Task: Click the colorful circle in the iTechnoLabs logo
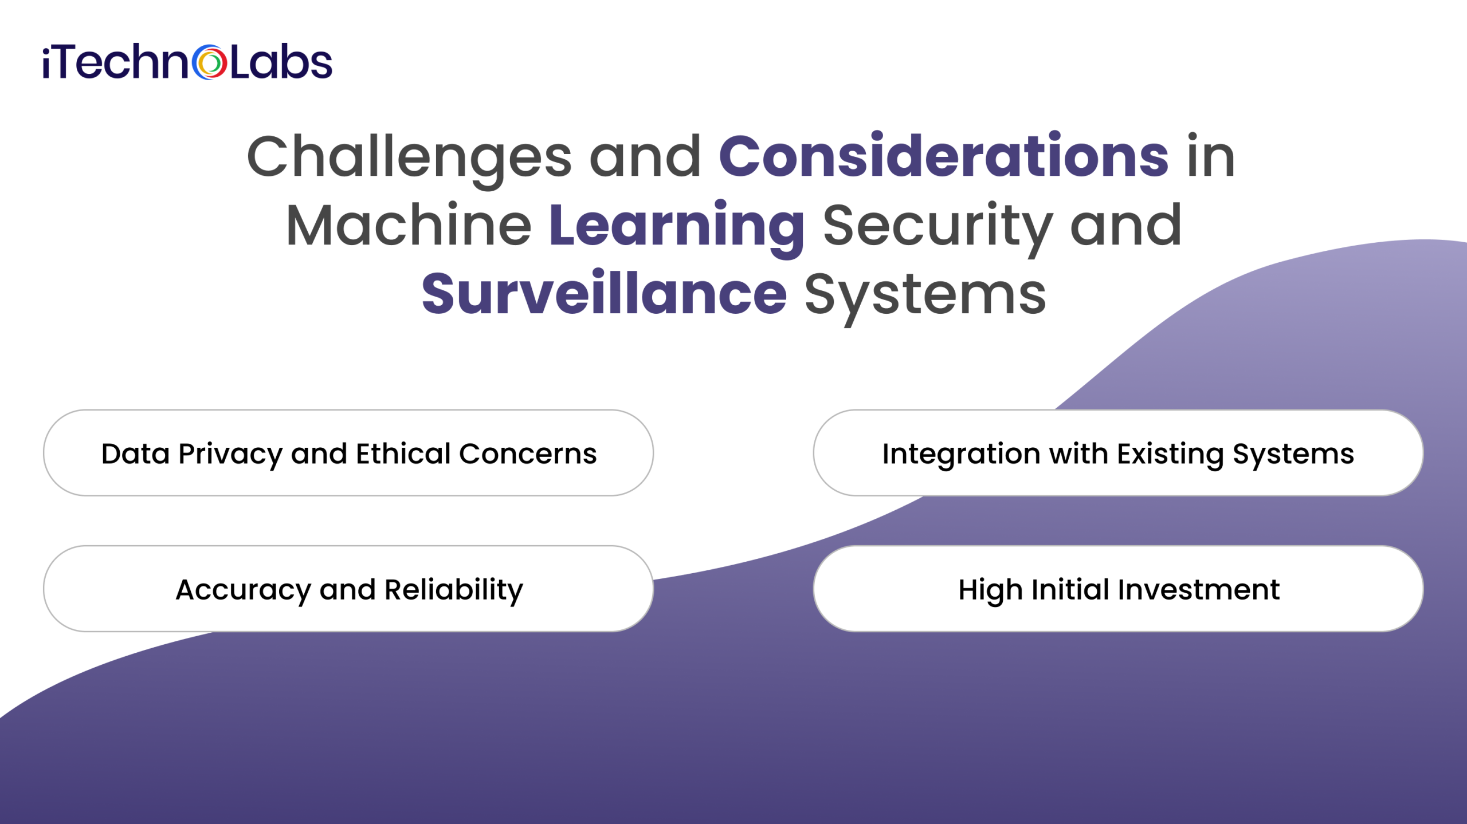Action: [x=209, y=62]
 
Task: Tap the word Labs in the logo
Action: [x=281, y=62]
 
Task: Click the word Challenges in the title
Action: [x=409, y=156]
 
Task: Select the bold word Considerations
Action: [x=943, y=156]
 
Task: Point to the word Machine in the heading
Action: [x=409, y=226]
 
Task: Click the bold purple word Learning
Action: [x=677, y=226]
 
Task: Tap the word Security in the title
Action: [x=938, y=226]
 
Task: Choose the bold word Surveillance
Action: [x=604, y=294]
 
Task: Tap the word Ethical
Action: [x=403, y=454]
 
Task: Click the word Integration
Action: [x=961, y=454]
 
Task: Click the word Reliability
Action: [x=453, y=590]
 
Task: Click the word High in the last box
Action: [x=990, y=590]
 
